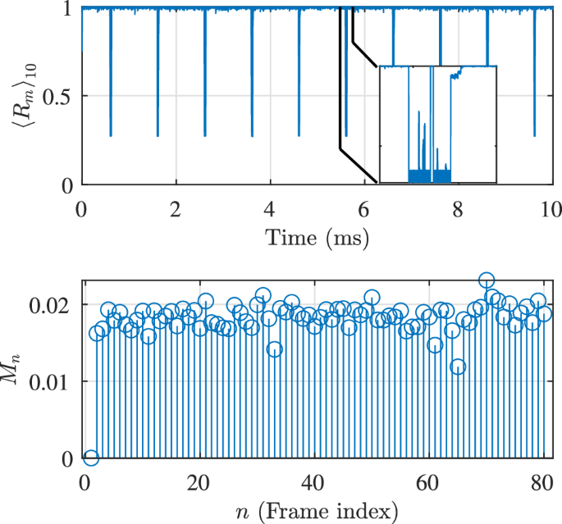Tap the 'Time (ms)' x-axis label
click(x=316, y=239)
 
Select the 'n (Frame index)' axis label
click(x=316, y=512)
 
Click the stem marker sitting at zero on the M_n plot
click(x=91, y=457)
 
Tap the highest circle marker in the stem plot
click(x=487, y=280)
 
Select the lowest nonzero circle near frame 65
click(x=458, y=367)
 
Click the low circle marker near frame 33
click(x=274, y=349)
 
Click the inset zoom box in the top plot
click(x=437, y=124)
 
